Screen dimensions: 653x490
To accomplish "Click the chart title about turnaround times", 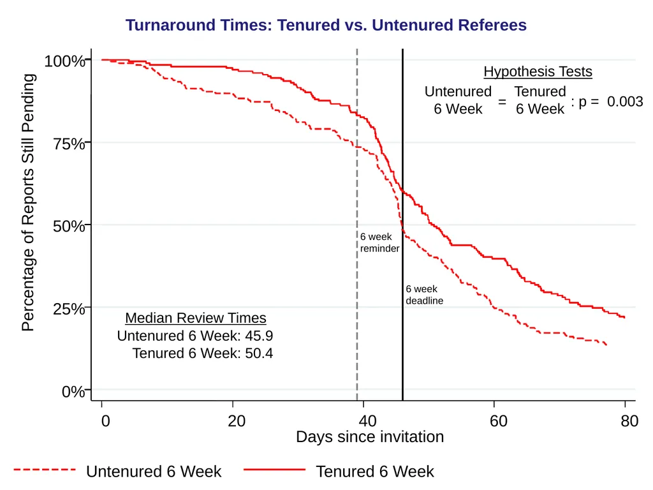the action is [326, 25].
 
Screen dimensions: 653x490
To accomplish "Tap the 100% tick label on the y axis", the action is [64, 61].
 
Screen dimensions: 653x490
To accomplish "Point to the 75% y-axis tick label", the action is [69, 144].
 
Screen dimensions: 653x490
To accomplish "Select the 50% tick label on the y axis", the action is [69, 226].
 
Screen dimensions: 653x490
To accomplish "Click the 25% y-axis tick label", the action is [69, 309].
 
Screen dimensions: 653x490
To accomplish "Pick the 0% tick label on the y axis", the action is [73, 392].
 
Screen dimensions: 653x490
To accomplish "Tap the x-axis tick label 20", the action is [237, 421].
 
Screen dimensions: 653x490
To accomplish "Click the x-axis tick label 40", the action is [367, 421].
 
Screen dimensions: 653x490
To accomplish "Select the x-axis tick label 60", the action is [499, 421].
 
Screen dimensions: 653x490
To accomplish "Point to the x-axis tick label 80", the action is [629, 421].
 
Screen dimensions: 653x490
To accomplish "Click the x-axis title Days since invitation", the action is [370, 436].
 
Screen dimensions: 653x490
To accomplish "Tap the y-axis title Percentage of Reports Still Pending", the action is [28, 202].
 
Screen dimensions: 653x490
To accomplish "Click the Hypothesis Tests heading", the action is [538, 71].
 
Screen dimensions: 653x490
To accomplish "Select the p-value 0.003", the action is [625, 101].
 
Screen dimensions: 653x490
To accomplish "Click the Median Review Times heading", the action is [196, 318].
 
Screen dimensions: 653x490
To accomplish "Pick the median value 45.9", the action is [259, 336].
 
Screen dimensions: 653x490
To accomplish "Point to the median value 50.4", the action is [259, 353].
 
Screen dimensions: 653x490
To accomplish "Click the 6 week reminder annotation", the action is [380, 242].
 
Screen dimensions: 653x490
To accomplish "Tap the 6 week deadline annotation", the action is [424, 295].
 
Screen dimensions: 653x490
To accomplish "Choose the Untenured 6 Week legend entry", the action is [117, 471].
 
